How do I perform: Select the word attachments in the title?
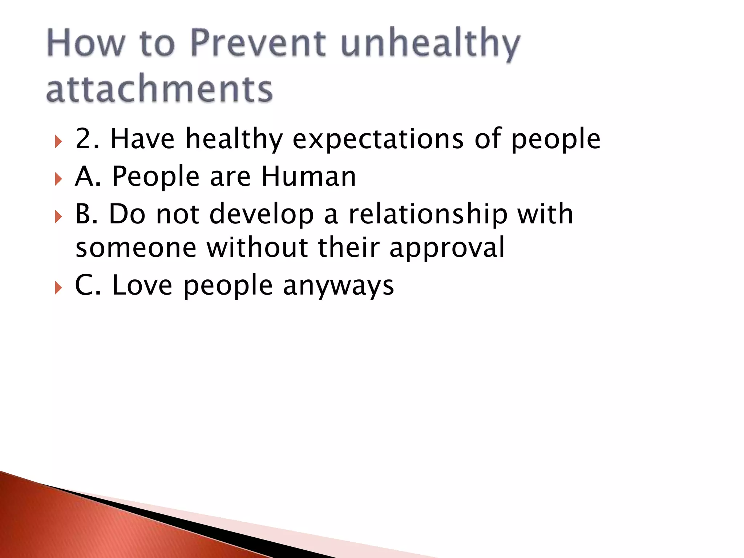(x=159, y=89)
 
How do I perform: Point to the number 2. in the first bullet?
(x=87, y=139)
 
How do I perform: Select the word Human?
(x=308, y=177)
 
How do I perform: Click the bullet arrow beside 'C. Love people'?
(x=58, y=288)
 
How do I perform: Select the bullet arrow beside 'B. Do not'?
(x=58, y=217)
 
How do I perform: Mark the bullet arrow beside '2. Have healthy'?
(x=58, y=141)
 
